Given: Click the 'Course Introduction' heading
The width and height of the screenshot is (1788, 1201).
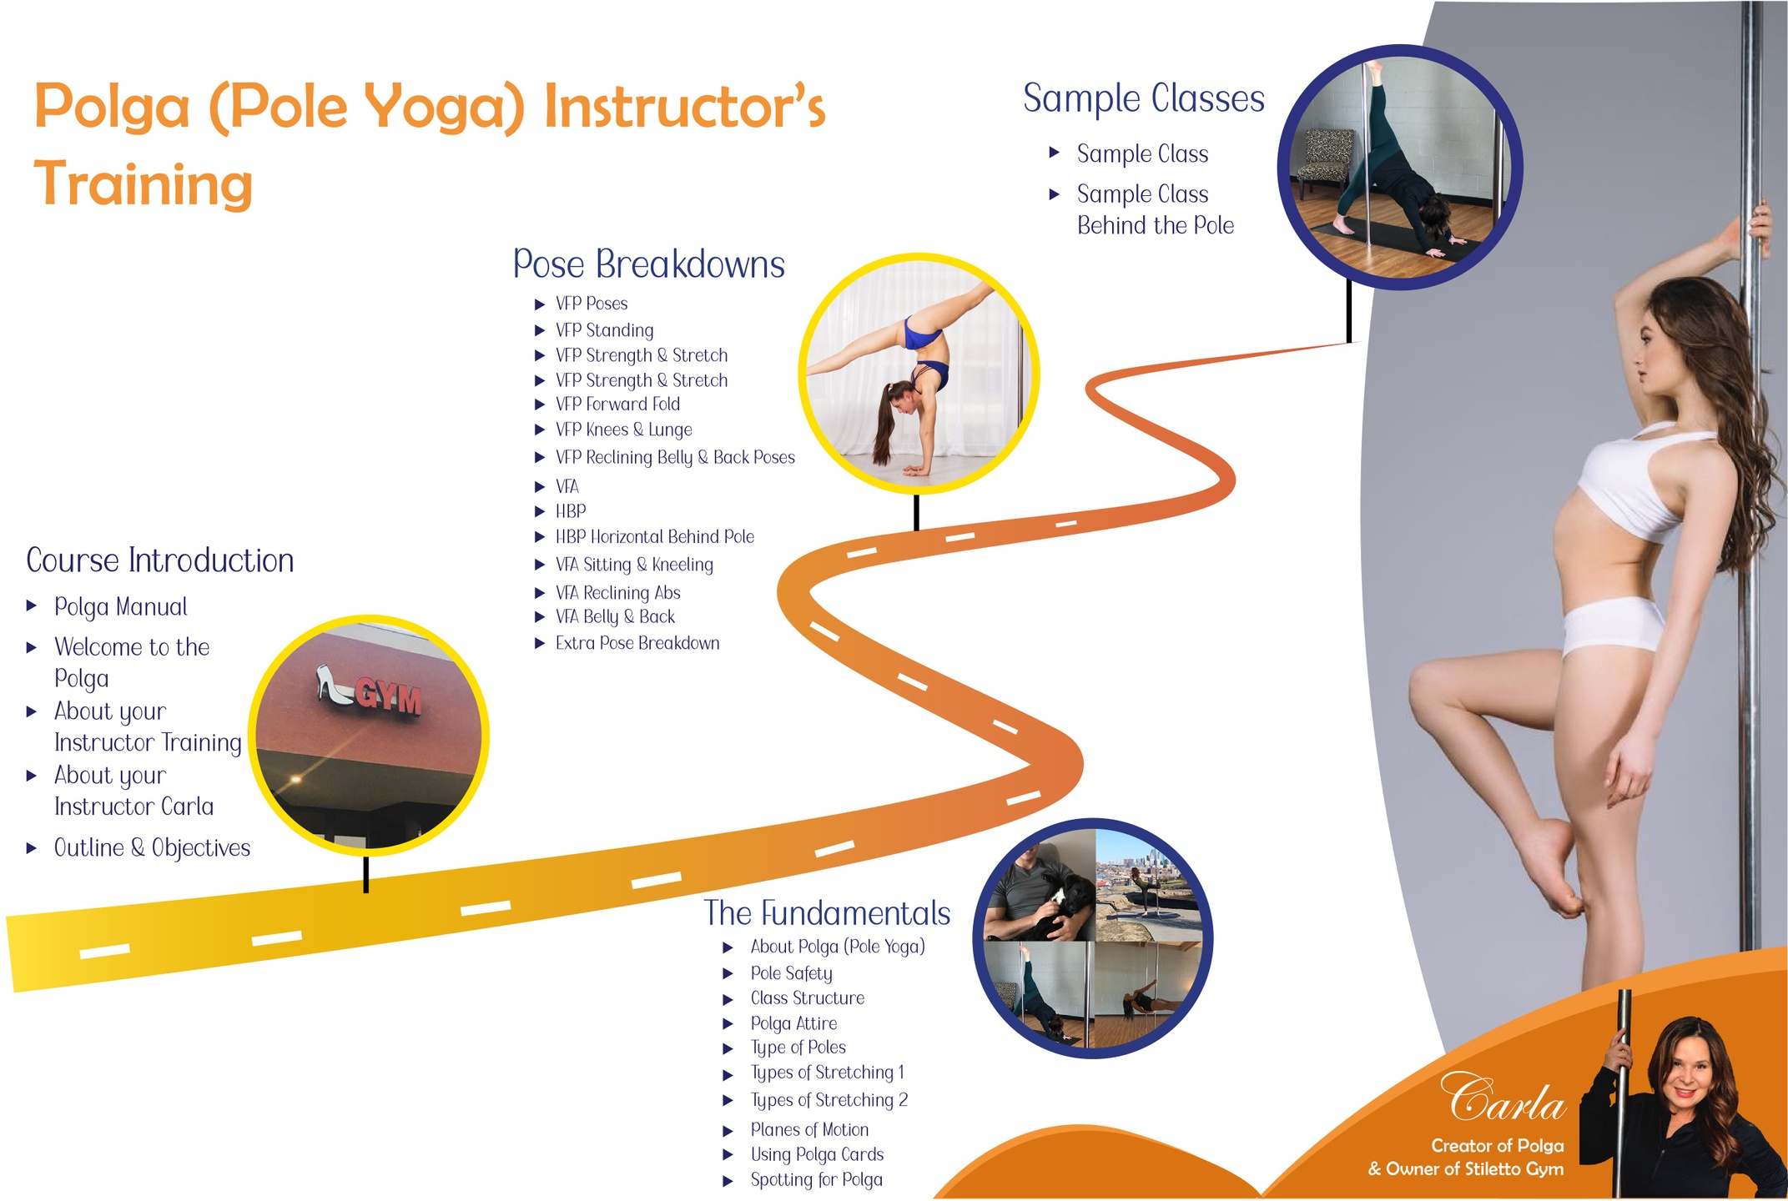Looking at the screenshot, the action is [160, 560].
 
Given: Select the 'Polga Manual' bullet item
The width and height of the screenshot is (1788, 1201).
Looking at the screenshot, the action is [121, 607].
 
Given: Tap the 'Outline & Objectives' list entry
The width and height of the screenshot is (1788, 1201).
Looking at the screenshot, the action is [153, 848].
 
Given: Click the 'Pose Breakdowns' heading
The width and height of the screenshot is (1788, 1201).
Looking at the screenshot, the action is [649, 264].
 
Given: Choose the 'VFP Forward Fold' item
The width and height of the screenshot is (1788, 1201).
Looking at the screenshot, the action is [618, 405].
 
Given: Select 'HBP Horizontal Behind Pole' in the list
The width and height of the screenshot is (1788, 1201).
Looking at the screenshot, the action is [655, 537].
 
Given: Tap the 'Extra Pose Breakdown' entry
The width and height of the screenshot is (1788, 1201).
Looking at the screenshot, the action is [637, 643].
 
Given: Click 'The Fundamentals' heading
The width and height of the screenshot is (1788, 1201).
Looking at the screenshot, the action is [827, 913].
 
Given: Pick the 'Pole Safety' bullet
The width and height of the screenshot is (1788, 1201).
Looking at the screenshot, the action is [792, 973].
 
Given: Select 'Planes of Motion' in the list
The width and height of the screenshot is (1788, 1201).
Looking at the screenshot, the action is [809, 1130].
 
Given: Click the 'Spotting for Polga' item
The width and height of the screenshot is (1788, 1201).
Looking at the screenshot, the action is [817, 1180].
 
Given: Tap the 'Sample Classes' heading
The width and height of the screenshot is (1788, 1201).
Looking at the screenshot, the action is [1144, 98].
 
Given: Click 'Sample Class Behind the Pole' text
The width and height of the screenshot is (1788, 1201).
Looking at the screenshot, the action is [1156, 210].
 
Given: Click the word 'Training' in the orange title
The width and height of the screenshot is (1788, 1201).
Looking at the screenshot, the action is [144, 184].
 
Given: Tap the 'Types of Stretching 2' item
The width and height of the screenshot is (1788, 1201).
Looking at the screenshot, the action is [829, 1101].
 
